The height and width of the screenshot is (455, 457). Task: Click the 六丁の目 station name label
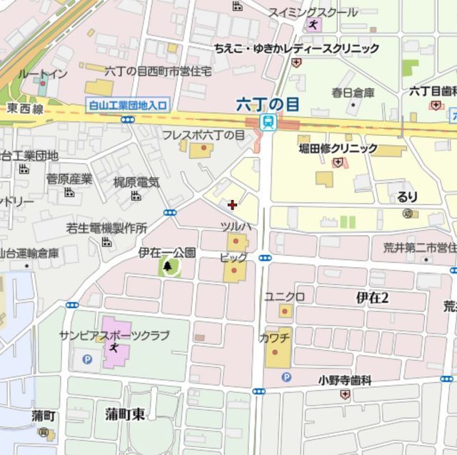click(268, 104)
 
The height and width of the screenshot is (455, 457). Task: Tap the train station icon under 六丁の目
click(268, 122)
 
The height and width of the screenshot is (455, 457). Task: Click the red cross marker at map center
click(232, 205)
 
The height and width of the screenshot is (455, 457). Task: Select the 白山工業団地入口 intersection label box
click(129, 105)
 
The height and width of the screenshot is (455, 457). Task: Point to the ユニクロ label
click(285, 296)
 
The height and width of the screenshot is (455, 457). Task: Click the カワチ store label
click(274, 336)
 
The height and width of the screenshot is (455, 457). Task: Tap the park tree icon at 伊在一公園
click(169, 267)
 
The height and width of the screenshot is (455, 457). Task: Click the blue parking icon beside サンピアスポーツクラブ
click(88, 359)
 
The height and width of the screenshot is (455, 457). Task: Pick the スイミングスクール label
click(313, 12)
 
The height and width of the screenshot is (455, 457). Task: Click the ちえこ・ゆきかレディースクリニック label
click(296, 49)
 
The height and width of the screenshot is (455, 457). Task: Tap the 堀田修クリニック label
click(338, 149)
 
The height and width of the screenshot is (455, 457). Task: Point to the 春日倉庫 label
click(353, 92)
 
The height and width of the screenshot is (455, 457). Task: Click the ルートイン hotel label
click(43, 74)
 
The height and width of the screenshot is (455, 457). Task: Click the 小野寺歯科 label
click(346, 381)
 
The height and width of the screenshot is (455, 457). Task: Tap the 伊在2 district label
click(372, 298)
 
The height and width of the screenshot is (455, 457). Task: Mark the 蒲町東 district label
click(124, 414)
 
